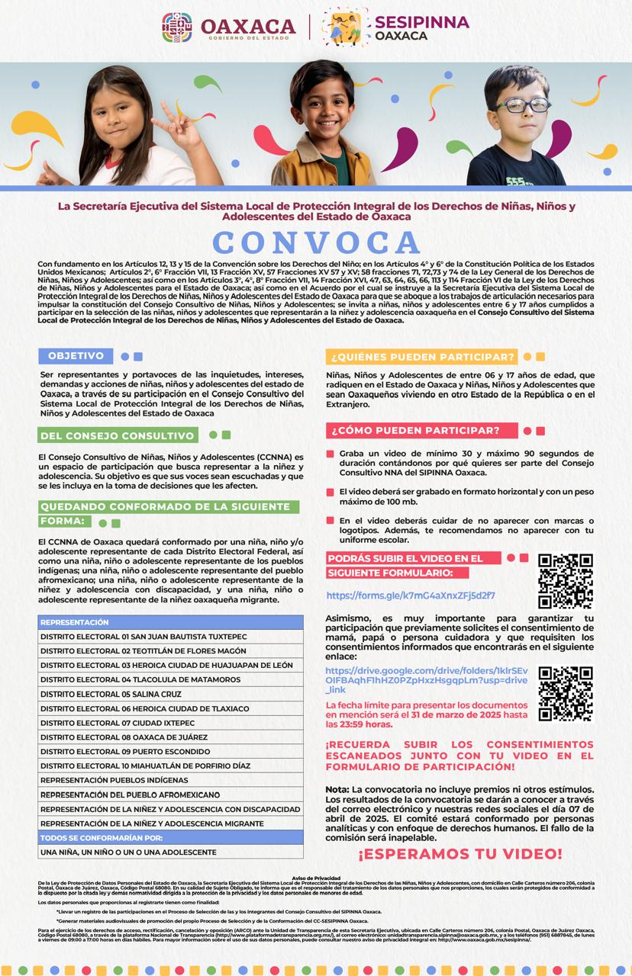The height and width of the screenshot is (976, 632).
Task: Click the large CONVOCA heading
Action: pyautogui.click(x=316, y=242)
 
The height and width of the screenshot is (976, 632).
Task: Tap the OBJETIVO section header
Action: pyautogui.click(x=76, y=356)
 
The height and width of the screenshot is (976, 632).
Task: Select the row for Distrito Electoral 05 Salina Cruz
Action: pyautogui.click(x=170, y=694)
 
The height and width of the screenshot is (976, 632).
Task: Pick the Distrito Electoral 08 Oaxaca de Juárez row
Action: pyautogui.click(x=170, y=737)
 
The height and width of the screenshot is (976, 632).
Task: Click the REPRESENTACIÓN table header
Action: pyautogui.click(x=170, y=622)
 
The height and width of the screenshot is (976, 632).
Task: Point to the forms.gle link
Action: pyautogui.click(x=411, y=596)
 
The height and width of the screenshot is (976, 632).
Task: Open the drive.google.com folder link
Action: pyautogui.click(x=426, y=680)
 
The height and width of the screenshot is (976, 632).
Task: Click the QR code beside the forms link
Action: pyautogui.click(x=566, y=580)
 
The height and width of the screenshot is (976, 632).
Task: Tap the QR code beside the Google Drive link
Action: pyautogui.click(x=566, y=693)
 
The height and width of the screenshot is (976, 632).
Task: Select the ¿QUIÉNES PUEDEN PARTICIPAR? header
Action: pyautogui.click(x=421, y=356)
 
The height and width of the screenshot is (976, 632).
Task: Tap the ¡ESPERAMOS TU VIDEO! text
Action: pyautogui.click(x=459, y=854)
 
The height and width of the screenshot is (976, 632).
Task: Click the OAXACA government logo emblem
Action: pyautogui.click(x=177, y=27)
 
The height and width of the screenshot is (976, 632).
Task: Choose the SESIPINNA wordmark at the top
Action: pyautogui.click(x=421, y=23)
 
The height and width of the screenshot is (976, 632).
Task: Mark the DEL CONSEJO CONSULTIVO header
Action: pyautogui.click(x=117, y=435)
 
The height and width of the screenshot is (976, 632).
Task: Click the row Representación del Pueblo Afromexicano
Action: pyautogui.click(x=170, y=795)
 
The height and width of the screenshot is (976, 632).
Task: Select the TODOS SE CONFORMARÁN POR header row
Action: pyautogui.click(x=170, y=838)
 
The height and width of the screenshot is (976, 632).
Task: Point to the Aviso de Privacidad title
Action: pyautogui.click(x=316, y=878)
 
